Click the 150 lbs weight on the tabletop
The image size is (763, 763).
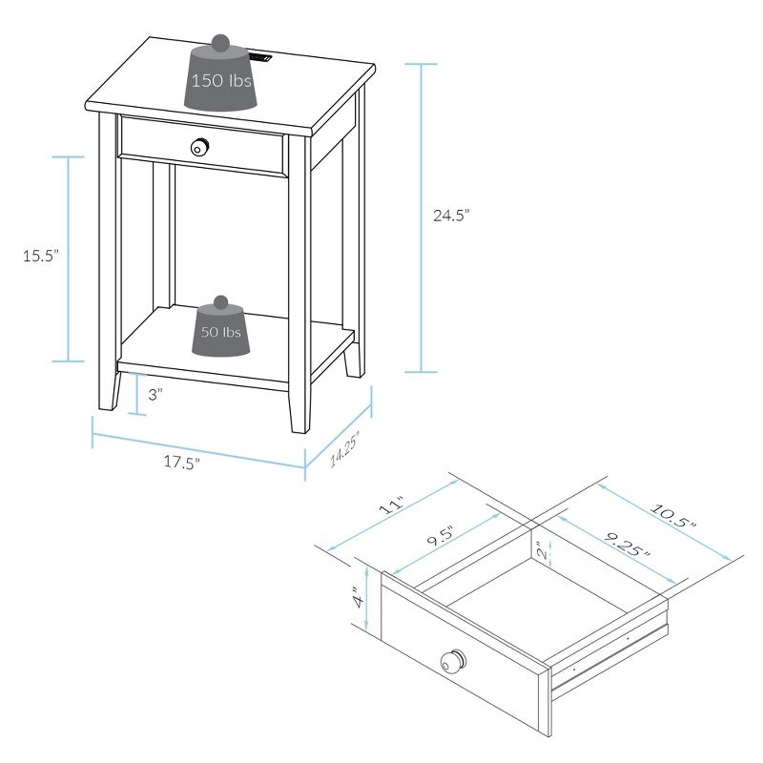click(220, 79)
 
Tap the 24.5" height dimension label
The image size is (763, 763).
click(452, 217)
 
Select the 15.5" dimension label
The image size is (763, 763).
click(41, 255)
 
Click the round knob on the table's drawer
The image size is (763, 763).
click(200, 147)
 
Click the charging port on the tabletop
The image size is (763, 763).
click(262, 60)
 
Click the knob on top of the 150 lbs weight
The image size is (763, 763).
click(219, 42)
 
